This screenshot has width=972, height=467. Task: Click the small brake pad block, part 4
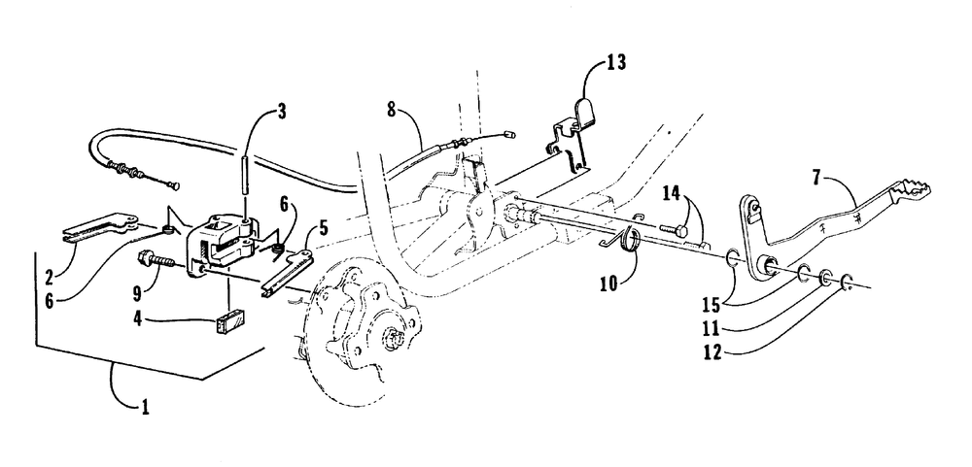click(230, 320)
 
